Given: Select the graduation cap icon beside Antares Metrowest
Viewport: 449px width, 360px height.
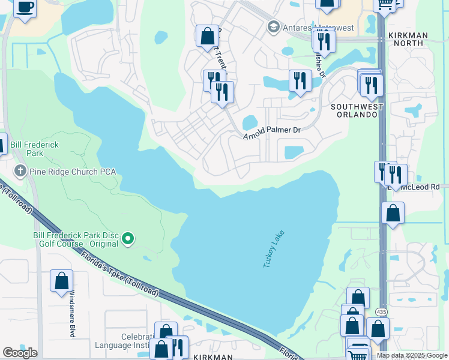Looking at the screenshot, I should pos(274,27).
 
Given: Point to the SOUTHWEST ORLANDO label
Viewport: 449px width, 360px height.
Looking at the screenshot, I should pos(357,111).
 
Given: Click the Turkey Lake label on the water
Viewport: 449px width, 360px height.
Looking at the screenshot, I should pos(273,249).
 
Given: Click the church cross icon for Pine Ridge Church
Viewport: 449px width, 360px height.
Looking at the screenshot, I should pos(20,172).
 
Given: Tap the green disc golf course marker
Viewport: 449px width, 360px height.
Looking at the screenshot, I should pos(127,240).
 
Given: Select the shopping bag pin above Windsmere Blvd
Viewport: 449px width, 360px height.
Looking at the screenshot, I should pos(61,281).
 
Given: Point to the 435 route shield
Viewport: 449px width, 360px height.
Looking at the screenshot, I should pos(381,312).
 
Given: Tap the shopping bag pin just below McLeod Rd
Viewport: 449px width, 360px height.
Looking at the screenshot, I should pos(393,213).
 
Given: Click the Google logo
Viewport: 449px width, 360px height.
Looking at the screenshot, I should pos(20,352).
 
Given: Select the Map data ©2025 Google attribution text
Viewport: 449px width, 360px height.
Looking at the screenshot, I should pos(411,355).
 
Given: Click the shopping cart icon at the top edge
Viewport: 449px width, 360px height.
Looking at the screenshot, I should pos(385,5).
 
